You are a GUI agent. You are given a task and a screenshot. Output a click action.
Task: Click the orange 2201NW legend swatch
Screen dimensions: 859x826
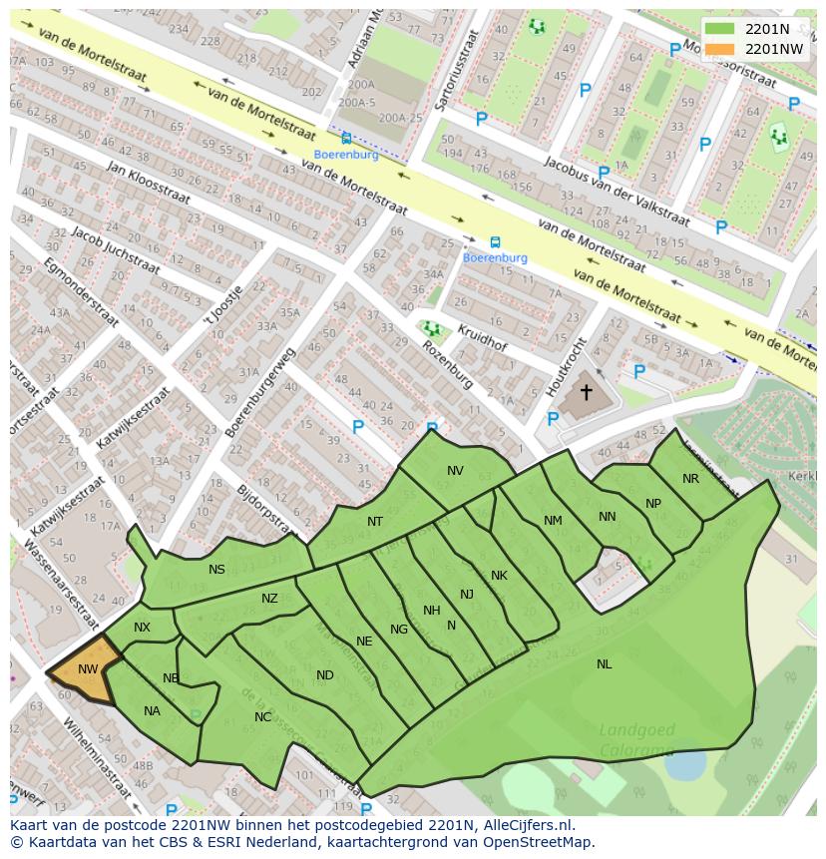(x=719, y=49)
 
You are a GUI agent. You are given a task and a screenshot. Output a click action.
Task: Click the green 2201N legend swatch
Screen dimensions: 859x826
(x=719, y=29)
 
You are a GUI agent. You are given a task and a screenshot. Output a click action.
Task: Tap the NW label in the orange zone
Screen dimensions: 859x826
(x=88, y=669)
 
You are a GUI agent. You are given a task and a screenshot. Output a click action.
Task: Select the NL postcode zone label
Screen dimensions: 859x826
(x=605, y=664)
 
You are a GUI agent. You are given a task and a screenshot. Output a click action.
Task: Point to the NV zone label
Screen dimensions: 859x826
(x=455, y=471)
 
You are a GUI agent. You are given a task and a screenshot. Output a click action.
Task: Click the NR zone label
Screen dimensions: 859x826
(x=690, y=479)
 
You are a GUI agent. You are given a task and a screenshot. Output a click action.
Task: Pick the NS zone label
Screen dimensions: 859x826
(x=216, y=570)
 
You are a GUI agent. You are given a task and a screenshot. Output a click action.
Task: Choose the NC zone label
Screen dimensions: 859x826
(x=262, y=717)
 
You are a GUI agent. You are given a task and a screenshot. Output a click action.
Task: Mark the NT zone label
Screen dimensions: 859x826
(x=374, y=522)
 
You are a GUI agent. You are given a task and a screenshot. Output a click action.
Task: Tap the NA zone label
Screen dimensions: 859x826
(x=152, y=711)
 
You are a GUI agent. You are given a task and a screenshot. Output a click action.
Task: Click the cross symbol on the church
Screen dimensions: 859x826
(x=586, y=393)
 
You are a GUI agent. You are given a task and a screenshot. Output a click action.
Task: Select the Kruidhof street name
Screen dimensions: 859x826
(x=483, y=336)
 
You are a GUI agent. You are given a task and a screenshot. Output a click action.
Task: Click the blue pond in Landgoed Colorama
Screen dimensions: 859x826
(x=685, y=766)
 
